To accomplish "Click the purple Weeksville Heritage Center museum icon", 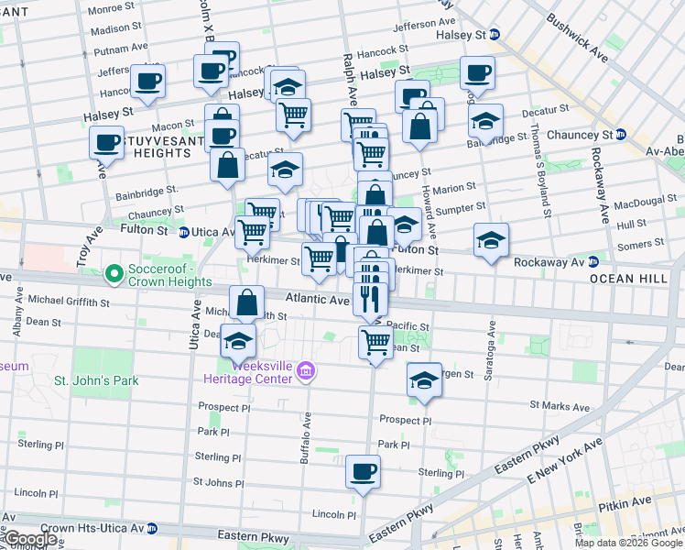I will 306,371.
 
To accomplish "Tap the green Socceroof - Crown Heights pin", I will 114,273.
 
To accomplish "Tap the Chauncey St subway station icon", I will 620,135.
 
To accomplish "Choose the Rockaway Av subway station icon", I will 593,262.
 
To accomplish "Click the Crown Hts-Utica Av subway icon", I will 152,529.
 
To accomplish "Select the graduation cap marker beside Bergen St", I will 424,379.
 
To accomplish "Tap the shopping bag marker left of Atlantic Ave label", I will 246,302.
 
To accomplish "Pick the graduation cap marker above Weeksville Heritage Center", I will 239,340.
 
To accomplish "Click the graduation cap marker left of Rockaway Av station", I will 491,241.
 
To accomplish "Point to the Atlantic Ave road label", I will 317,300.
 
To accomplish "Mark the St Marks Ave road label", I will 559,405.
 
